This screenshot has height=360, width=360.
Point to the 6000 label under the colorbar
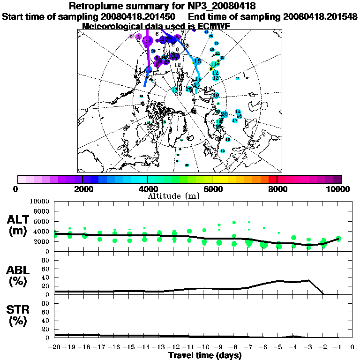click(213, 189)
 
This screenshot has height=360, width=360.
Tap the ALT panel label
click(19, 219)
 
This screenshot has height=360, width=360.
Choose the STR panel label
click(19, 309)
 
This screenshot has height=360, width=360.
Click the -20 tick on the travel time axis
click(55, 347)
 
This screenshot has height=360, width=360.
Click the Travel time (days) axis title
click(205, 355)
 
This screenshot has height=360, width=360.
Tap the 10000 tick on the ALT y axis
click(40, 202)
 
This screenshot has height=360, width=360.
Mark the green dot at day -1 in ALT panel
click(338, 239)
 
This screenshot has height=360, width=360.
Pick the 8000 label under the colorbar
click(277, 189)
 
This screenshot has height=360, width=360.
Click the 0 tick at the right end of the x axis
click(352, 347)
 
